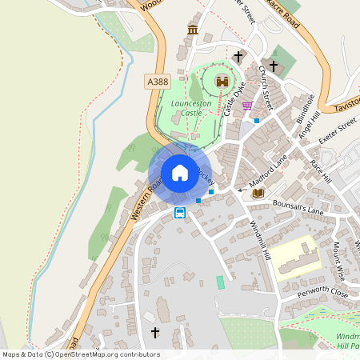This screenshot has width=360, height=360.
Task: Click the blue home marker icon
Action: coord(180,173)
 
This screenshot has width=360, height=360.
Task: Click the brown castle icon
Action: coord(222,81)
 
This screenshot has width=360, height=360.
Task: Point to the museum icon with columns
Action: coord(192,30)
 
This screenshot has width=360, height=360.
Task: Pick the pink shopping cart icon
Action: coord(247,106)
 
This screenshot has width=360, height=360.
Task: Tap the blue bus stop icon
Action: coord(180,213)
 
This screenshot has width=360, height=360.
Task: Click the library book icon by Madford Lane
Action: coord(258,193)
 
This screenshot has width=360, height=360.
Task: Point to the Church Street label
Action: coord(264,87)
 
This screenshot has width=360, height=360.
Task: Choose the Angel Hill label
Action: coord(309,127)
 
